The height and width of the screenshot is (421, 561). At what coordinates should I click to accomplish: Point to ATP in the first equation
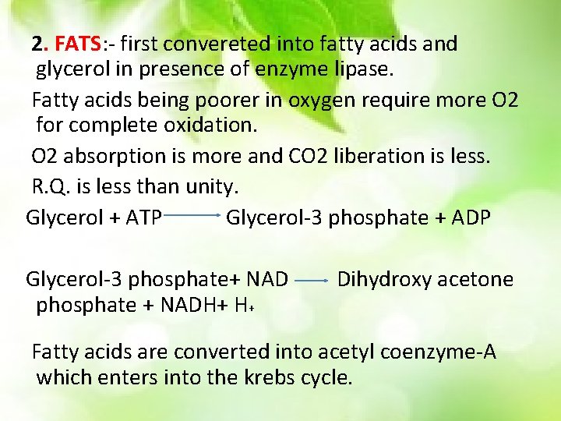click(141, 218)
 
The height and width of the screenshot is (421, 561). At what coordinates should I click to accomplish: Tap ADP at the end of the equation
click(469, 218)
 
